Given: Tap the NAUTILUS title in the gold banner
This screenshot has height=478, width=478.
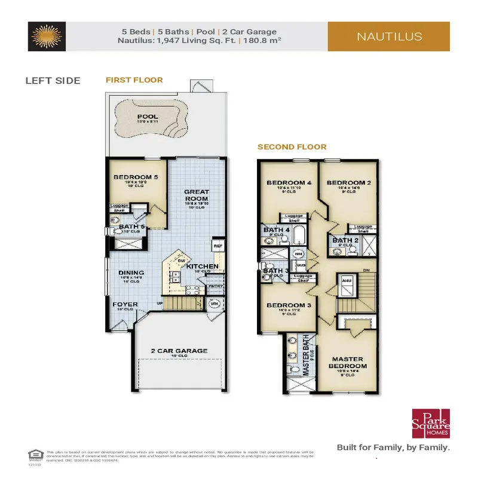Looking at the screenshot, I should pos(389,36).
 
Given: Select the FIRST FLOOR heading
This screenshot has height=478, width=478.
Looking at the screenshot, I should pos(134,79).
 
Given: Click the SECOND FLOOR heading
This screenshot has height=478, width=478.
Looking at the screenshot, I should pos(292,146).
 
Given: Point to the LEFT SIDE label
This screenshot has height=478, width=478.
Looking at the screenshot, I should pos(53,81).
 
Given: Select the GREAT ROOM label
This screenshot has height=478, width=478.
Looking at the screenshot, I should pos(196,195).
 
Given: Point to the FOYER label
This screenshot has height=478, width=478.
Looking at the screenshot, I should pos(125,304).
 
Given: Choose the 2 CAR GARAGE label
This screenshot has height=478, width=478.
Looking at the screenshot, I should pos(179,351).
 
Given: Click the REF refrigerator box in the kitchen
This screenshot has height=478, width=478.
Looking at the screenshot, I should pos(217,245).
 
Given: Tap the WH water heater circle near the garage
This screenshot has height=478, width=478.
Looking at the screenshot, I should pos(215,304).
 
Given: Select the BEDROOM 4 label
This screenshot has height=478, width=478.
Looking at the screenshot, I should pos(289,182).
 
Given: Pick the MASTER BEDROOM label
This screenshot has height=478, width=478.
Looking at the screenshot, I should pos(349,362).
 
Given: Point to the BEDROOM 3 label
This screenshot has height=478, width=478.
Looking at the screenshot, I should pos(289,305).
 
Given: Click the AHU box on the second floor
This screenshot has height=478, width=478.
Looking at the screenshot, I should pos(345,279).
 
